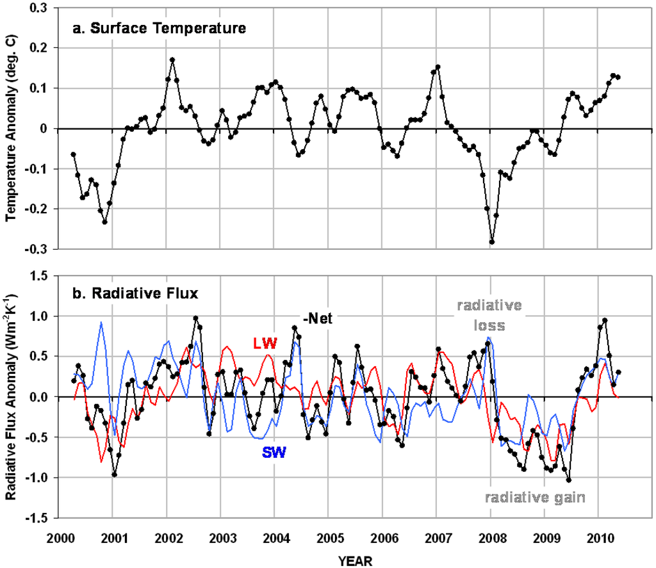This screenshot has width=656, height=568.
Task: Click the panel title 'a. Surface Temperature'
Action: pyautogui.click(x=150, y=28)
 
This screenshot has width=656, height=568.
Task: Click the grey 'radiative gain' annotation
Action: pyautogui.click(x=535, y=496)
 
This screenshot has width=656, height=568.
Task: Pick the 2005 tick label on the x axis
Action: pyautogui.click(x=328, y=535)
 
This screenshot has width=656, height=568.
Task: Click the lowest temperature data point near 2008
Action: pyautogui.click(x=492, y=242)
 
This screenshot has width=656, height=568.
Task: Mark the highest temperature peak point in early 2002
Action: pyautogui.click(x=172, y=60)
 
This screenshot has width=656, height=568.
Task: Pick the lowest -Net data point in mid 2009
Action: pyautogui.click(x=569, y=480)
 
